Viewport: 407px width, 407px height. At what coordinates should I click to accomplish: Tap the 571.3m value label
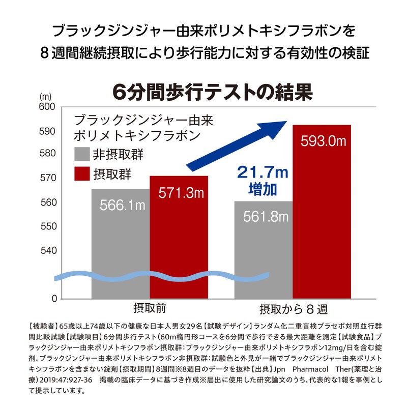[x=179, y=193]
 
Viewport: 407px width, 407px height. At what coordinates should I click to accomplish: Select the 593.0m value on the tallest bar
[x=322, y=141]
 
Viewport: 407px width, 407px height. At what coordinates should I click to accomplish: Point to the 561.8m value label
[x=264, y=217]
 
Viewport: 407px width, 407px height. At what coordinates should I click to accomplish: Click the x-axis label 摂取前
[x=150, y=308]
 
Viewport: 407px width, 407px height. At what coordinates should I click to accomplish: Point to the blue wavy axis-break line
[x=163, y=276]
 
